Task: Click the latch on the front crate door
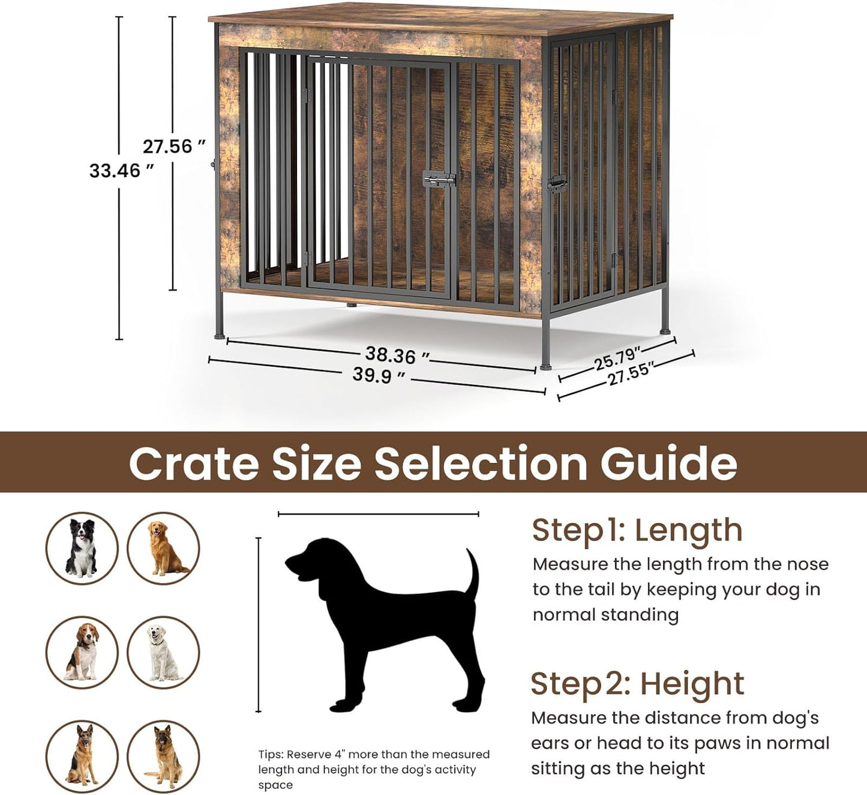(439, 179)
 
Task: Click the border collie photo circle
(82, 548)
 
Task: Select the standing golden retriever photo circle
(163, 548)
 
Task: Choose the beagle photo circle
(82, 652)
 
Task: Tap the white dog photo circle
(163, 652)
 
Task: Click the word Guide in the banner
(668, 463)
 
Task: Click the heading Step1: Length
(637, 530)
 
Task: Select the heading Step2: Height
(637, 684)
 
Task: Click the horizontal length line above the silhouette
(379, 514)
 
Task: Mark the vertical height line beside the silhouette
(259, 624)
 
